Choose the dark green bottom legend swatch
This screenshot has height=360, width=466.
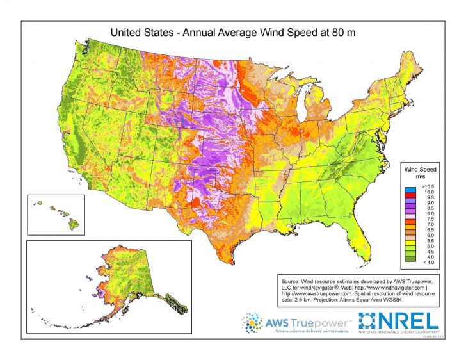pyautogui.click(x=408, y=261)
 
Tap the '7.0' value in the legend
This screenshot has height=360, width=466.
pyautogui.click(x=425, y=225)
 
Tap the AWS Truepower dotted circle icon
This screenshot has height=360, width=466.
pyautogui.click(x=252, y=323)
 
